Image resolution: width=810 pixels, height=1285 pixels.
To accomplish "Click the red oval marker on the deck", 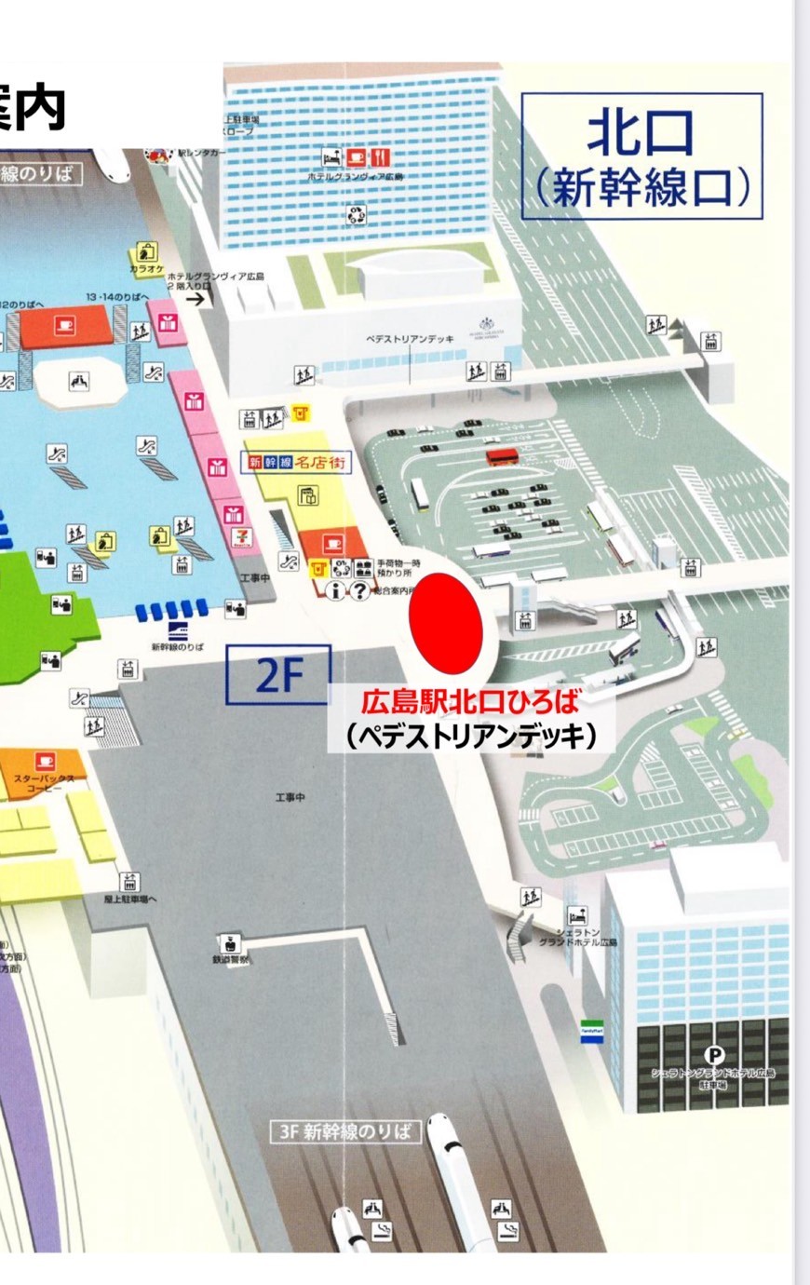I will [446, 622].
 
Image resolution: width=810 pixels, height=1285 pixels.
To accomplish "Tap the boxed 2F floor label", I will [278, 675].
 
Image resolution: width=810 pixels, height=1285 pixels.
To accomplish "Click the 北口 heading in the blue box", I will [641, 133].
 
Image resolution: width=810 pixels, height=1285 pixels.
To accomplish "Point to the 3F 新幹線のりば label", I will [344, 1131].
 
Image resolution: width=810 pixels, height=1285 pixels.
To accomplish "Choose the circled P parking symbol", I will [714, 1054].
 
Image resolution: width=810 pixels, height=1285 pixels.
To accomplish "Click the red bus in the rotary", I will [502, 456].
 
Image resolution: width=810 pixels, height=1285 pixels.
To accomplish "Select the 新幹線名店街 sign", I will [298, 461].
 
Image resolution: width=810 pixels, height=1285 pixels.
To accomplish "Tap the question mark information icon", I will [359, 590].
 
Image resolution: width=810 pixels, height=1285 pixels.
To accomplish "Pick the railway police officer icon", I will [230, 943].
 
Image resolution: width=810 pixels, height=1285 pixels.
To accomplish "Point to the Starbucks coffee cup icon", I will [43, 762].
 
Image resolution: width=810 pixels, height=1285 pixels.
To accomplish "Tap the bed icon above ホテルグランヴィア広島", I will [331, 157].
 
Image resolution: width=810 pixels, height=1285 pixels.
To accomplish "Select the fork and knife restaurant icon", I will [380, 157].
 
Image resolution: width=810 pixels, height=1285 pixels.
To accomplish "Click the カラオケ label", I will [146, 269].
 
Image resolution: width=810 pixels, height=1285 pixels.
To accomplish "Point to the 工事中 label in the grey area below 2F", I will [290, 798].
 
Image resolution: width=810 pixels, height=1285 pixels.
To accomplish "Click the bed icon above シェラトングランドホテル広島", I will [577, 916].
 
